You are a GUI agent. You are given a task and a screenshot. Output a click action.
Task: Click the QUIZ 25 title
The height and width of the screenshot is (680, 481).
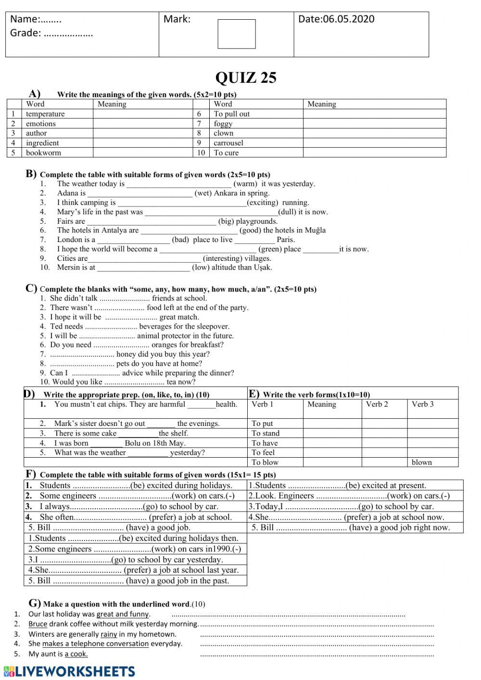[246, 78]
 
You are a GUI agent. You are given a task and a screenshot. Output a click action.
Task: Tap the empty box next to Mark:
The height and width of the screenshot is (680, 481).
[237, 34]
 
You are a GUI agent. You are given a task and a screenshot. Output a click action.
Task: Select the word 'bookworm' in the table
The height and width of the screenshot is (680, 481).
[43, 153]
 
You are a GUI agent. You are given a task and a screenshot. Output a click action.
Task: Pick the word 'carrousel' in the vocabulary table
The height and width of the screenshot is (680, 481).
[228, 143]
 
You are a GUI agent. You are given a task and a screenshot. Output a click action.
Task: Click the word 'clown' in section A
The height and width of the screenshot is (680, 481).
[223, 133]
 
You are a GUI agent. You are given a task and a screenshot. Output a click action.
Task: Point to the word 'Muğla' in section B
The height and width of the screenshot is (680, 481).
[315, 231]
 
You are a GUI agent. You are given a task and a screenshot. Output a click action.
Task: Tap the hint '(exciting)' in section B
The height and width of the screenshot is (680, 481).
[263, 203]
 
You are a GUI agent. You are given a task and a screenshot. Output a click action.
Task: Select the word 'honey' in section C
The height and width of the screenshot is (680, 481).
[127, 354]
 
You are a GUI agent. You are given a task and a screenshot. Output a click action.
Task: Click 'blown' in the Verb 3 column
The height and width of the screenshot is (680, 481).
[422, 462]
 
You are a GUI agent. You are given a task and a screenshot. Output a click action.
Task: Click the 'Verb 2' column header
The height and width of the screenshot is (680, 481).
[377, 404]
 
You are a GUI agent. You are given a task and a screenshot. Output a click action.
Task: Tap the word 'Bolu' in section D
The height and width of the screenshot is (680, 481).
[132, 443]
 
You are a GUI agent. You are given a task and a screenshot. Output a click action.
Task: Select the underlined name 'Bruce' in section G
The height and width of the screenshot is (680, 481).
[38, 624]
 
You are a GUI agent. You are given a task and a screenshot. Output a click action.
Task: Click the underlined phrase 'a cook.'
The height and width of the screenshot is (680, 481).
[76, 654]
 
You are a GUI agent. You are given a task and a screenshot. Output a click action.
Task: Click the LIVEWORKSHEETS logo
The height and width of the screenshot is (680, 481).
[69, 671]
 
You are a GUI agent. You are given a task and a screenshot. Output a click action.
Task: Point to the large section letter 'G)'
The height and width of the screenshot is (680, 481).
[35, 603]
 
